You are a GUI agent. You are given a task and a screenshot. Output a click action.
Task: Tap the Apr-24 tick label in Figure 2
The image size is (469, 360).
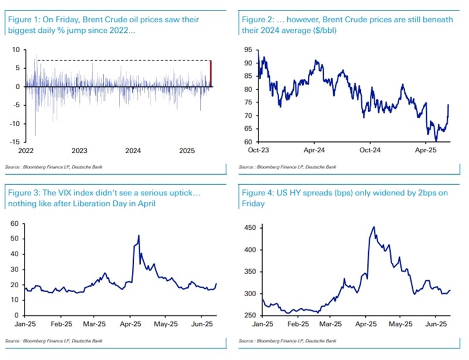point(314,151)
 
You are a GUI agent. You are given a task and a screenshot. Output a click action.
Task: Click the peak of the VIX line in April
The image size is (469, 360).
point(138,236)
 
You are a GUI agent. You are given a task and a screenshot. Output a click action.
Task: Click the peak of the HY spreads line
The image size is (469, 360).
point(373,227)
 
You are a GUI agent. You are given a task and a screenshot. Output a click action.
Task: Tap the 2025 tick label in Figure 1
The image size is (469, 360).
point(186,151)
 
